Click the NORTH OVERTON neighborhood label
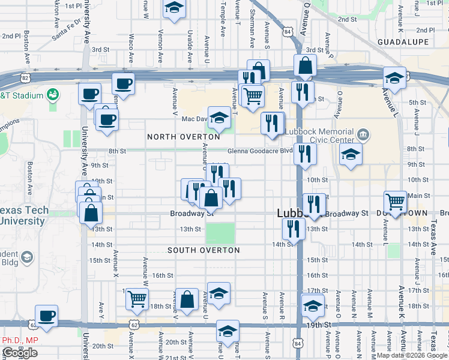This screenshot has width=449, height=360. pyautogui.click(x=184, y=137)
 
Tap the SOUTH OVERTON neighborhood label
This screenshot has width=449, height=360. pyautogui.click(x=203, y=250)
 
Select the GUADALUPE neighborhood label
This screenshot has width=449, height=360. pyautogui.click(x=403, y=41)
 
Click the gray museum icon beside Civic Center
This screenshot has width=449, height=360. pyautogui.click(x=363, y=133)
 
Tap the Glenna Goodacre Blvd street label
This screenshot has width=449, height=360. pyautogui.click(x=259, y=151)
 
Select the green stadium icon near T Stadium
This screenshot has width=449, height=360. pyautogui.click(x=53, y=95)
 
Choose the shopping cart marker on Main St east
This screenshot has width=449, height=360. pyautogui.click(x=396, y=201)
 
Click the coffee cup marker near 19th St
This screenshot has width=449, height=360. pyautogui.click(x=46, y=314)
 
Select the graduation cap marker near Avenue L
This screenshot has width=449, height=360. pyautogui.click(x=394, y=77)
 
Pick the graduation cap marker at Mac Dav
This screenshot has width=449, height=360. pyautogui.click(x=219, y=117)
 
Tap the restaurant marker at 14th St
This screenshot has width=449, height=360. pyautogui.click(x=293, y=228)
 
